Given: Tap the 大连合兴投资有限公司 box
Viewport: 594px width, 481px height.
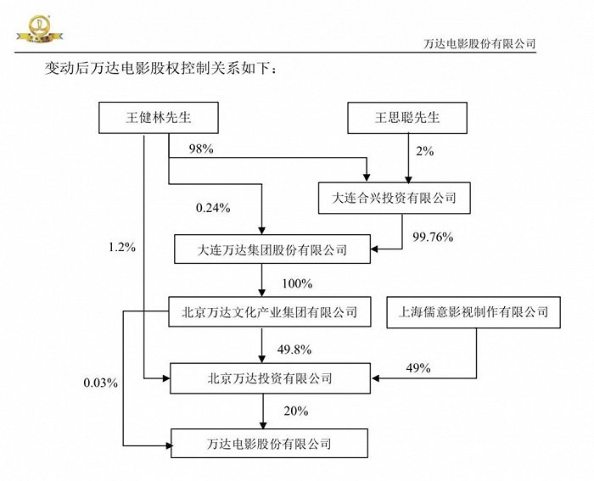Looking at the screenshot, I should pyautogui.click(x=393, y=198).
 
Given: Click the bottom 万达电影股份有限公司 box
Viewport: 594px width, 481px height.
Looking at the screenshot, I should pyautogui.click(x=270, y=443).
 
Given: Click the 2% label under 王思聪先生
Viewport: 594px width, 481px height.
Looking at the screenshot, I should pyautogui.click(x=424, y=151).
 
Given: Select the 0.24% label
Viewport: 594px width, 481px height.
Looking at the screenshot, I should pyautogui.click(x=212, y=207).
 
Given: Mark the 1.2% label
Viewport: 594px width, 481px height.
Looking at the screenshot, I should pyautogui.click(x=121, y=247).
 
